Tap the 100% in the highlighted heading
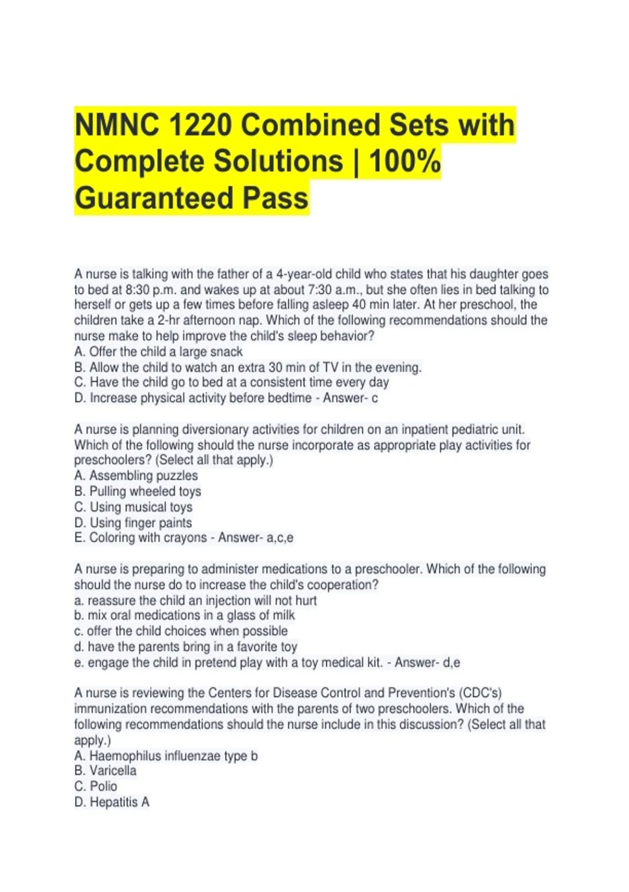tap(405, 161)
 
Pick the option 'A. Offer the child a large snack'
tap(158, 352)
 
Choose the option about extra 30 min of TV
tap(248, 367)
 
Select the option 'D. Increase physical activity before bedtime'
tap(193, 398)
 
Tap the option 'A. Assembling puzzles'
tap(136, 476)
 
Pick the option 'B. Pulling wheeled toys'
tap(138, 492)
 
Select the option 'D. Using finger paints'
tap(133, 523)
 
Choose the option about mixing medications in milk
tap(185, 615)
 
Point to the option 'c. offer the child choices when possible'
tap(181, 631)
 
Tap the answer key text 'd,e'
tap(451, 663)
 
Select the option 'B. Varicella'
tap(105, 771)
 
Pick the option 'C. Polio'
tap(96, 787)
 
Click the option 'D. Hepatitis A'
tap(112, 802)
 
